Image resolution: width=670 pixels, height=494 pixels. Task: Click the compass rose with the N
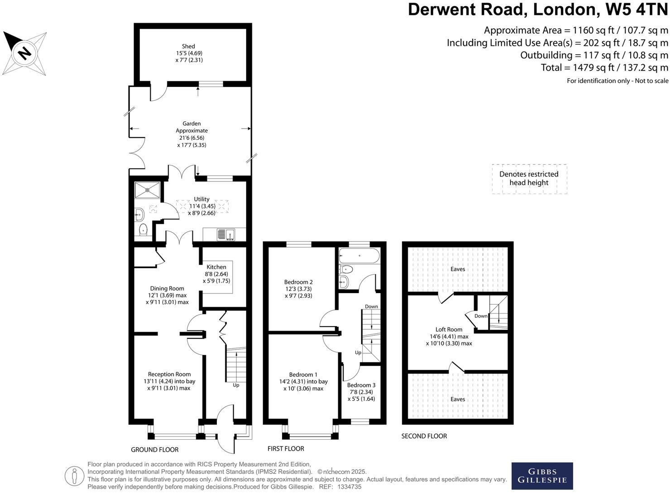[25, 53]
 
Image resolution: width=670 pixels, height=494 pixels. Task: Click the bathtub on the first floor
[360, 256]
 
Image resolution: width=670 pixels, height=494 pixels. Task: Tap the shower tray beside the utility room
[147, 190]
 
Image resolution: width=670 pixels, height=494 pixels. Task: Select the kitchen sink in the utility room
[226, 234]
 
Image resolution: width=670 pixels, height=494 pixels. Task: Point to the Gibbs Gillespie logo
[542, 476]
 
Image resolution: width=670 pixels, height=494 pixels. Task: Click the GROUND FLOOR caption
[155, 450]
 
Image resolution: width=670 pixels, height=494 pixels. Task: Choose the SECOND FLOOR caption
[424, 436]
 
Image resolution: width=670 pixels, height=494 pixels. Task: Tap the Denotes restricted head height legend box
[529, 179]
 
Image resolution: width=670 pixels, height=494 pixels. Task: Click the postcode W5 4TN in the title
[635, 9]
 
